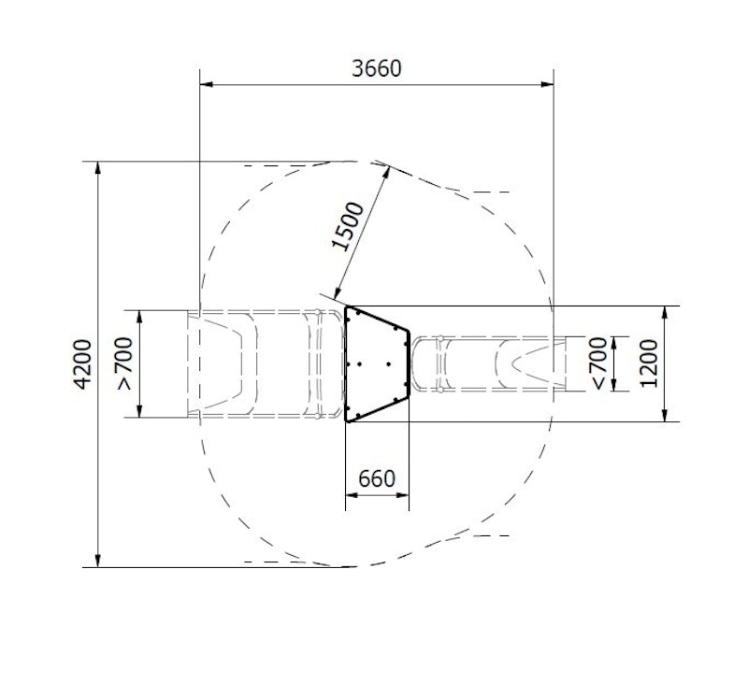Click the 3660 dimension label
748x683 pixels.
pyautogui.click(x=377, y=68)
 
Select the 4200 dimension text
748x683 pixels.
pyautogui.click(x=83, y=364)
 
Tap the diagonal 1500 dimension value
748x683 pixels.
pyautogui.click(x=347, y=226)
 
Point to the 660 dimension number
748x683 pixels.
pyautogui.click(x=377, y=478)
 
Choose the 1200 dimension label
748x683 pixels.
pyautogui.click(x=649, y=363)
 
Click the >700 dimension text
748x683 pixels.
pyautogui.click(x=124, y=363)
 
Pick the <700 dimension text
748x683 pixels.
pyautogui.click(x=599, y=363)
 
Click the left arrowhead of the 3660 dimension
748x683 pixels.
pyautogui.click(x=206, y=85)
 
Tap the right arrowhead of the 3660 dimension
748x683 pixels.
pyautogui.click(x=547, y=85)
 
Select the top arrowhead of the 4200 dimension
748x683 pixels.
pyautogui.click(x=98, y=168)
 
